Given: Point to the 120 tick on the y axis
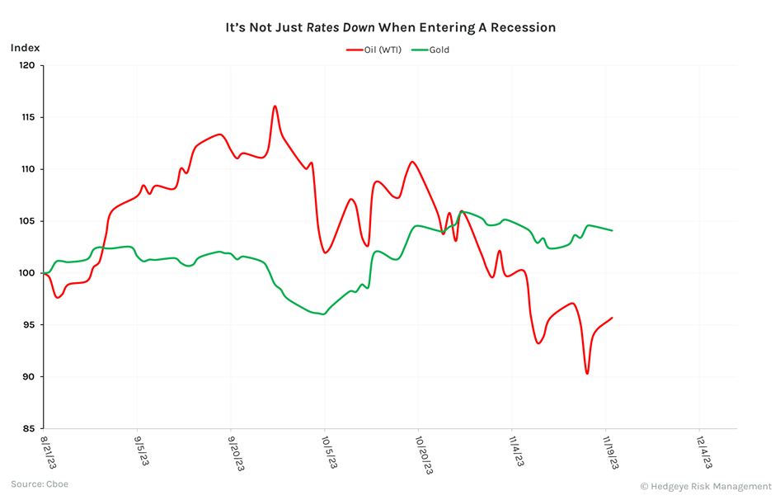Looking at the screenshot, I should [27, 66].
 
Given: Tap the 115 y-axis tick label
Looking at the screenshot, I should [27, 118].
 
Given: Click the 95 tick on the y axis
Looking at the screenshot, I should [29, 325].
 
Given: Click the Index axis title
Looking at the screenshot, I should [25, 48].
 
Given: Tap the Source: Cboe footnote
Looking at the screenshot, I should [40, 484].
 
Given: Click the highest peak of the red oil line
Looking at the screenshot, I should [275, 106].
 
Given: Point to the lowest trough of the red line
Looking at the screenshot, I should [587, 374].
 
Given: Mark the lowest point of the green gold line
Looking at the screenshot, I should [323, 314].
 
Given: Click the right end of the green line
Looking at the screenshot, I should [612, 230].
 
